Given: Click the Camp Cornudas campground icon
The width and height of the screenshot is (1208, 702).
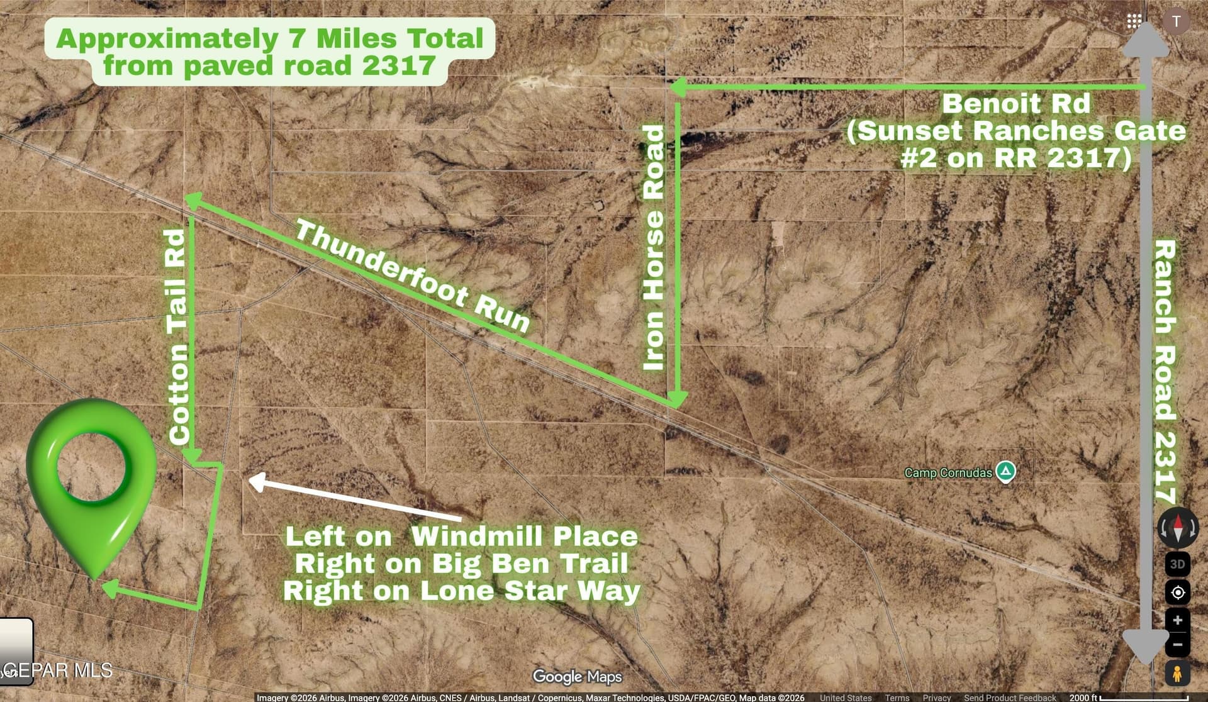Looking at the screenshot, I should pyautogui.click(x=1005, y=471).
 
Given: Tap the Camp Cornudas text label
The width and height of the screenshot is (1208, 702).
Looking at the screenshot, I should pyautogui.click(x=948, y=472).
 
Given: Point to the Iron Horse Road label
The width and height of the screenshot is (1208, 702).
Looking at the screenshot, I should pyautogui.click(x=654, y=248).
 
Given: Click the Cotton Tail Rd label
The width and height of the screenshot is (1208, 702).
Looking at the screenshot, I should pyautogui.click(x=178, y=337).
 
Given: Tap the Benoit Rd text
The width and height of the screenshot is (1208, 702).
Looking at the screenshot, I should pyautogui.click(x=1015, y=104).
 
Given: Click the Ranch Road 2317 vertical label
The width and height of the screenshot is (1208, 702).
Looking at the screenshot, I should pyautogui.click(x=1165, y=371).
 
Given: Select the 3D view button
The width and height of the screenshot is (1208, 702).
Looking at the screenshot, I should pyautogui.click(x=1177, y=564).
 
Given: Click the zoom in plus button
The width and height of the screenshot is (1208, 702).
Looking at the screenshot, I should pyautogui.click(x=1177, y=620).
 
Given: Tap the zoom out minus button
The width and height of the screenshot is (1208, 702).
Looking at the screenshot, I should pyautogui.click(x=1177, y=645).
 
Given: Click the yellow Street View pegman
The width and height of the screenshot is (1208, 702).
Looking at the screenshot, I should pyautogui.click(x=1177, y=674).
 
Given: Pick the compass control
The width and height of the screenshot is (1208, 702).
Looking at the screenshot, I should pyautogui.click(x=1178, y=528).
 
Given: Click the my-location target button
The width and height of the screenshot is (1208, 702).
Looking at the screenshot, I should pyautogui.click(x=1177, y=592).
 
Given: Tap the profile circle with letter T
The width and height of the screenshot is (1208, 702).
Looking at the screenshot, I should pyautogui.click(x=1176, y=21).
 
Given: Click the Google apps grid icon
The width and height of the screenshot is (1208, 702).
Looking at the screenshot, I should pyautogui.click(x=1134, y=21).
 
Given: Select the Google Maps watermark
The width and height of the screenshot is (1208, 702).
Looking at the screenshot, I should pyautogui.click(x=577, y=677).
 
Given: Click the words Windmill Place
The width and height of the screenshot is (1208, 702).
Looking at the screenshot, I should pyautogui.click(x=524, y=537).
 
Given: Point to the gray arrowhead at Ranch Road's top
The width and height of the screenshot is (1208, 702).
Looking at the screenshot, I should pyautogui.click(x=1146, y=41).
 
